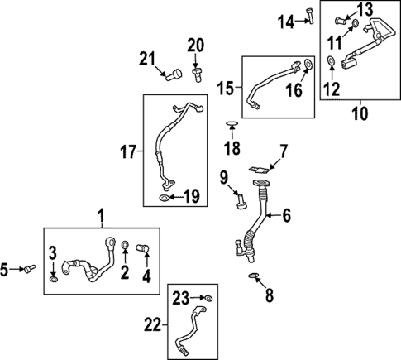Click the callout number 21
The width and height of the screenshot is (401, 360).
[146, 58]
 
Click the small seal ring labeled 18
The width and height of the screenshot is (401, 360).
[233, 126]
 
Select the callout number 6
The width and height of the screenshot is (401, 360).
[286, 216]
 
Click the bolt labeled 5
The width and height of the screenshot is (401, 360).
[30, 267]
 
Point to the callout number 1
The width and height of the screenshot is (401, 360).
[101, 217]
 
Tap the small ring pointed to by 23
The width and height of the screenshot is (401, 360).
[208, 297]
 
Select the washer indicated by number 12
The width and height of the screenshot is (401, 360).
[332, 60]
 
